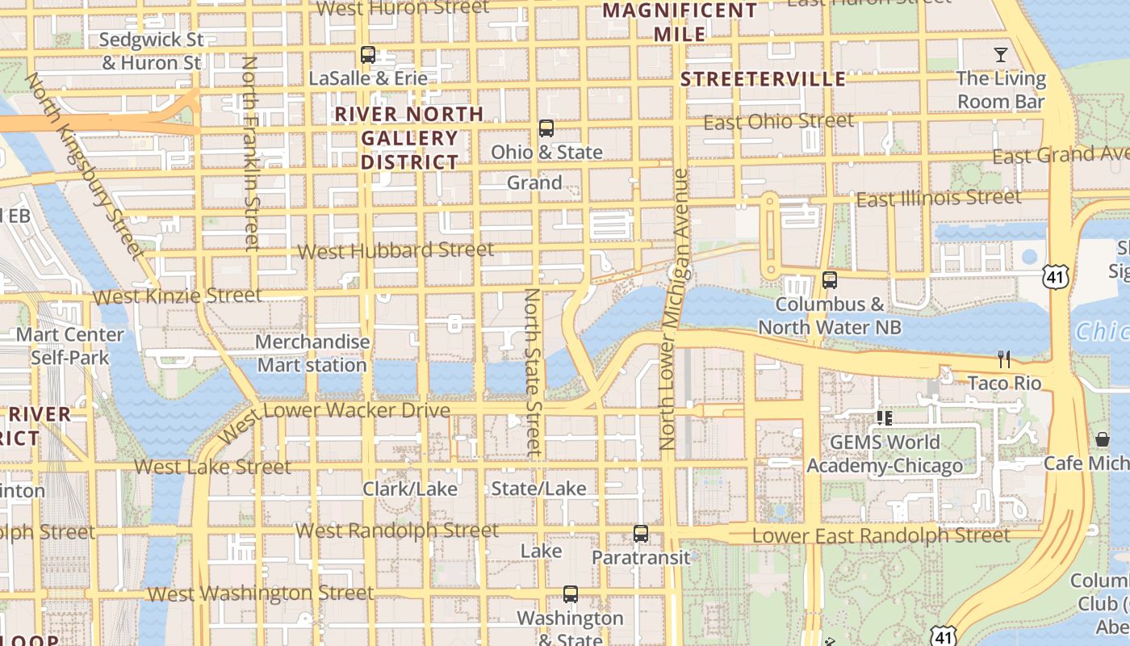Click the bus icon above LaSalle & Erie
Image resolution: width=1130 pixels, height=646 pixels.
click(x=368, y=55)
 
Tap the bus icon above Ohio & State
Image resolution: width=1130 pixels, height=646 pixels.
click(x=546, y=128)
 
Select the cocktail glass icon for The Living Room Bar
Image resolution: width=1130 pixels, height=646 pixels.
click(x=1001, y=55)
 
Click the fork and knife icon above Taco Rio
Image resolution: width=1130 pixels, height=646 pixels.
click(x=1004, y=359)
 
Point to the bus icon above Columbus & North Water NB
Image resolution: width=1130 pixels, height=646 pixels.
click(x=829, y=280)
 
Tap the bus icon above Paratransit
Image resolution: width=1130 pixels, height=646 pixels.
click(x=641, y=533)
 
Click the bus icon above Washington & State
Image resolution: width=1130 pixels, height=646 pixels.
click(x=571, y=594)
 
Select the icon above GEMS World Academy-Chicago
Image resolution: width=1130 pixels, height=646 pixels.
click(x=885, y=418)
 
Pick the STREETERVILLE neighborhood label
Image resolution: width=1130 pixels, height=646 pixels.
click(x=763, y=79)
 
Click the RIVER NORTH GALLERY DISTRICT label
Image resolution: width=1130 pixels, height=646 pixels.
click(x=409, y=138)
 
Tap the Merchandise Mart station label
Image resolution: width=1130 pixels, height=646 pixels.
click(x=312, y=354)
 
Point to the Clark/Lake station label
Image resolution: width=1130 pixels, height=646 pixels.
click(x=409, y=489)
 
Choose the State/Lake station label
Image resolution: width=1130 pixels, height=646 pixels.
click(x=538, y=489)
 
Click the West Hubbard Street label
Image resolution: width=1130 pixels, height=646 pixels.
click(x=395, y=250)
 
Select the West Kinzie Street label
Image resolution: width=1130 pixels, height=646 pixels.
click(x=178, y=296)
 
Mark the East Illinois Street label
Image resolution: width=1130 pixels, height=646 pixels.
click(x=938, y=198)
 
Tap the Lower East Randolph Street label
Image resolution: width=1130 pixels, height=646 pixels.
click(x=881, y=535)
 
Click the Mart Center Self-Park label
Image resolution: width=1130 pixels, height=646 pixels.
click(x=70, y=346)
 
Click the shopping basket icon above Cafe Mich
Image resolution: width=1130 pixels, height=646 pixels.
click(x=1103, y=439)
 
